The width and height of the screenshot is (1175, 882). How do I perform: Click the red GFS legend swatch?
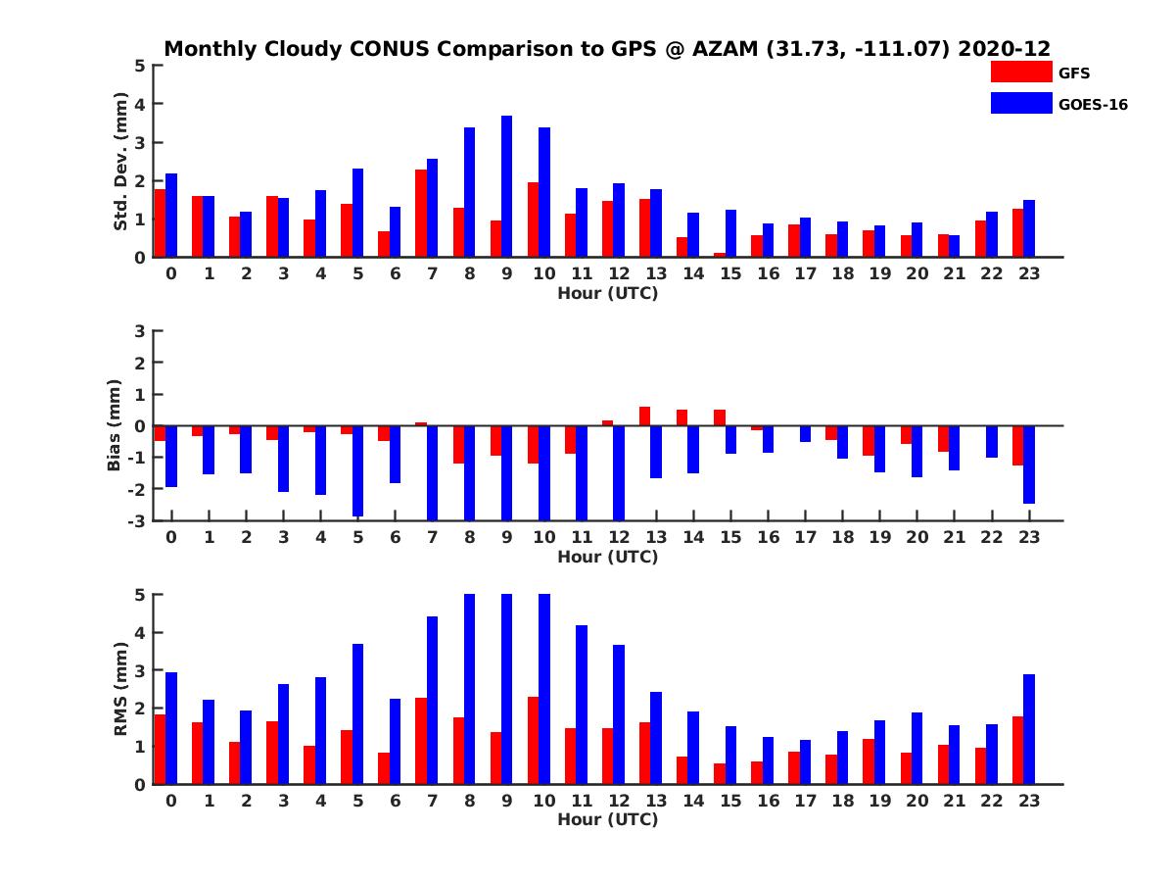click(x=1021, y=72)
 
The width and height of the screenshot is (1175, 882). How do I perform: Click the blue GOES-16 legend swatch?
click(x=1021, y=103)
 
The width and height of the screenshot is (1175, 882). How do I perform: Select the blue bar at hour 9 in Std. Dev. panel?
click(x=507, y=186)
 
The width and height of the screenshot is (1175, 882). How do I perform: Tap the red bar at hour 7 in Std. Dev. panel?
click(x=421, y=214)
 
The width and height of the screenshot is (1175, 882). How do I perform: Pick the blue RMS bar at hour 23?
click(x=1029, y=729)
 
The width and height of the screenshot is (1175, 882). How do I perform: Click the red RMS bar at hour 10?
click(x=533, y=741)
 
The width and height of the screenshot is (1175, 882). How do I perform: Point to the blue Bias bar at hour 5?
click(x=357, y=470)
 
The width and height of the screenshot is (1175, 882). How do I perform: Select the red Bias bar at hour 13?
click(x=644, y=416)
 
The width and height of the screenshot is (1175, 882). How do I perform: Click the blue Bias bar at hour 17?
click(x=805, y=434)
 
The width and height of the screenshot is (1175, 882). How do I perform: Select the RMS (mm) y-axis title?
click(x=120, y=690)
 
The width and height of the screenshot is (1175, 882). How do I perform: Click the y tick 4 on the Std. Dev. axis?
click(x=141, y=104)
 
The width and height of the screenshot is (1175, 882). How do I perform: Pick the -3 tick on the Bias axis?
click(x=137, y=520)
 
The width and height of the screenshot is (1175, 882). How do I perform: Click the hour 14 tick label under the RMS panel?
click(x=693, y=801)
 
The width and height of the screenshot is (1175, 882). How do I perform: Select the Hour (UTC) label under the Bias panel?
click(x=607, y=557)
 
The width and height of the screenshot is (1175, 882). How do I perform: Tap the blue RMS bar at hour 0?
click(x=171, y=728)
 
